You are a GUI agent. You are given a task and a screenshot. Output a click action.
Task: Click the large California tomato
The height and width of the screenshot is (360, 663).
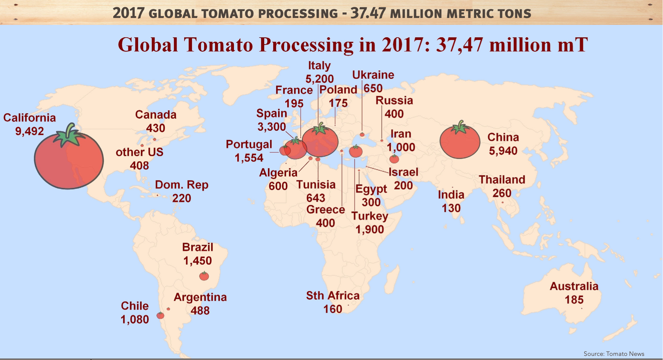point(69,161)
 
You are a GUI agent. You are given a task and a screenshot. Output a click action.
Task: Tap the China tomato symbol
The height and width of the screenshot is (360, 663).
point(460,142)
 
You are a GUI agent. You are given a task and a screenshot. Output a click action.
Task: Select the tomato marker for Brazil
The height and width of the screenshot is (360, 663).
point(204,276)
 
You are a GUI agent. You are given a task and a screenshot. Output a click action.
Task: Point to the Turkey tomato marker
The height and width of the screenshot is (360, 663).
point(356,151)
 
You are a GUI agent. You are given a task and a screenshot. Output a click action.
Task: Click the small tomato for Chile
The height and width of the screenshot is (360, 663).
point(160,315)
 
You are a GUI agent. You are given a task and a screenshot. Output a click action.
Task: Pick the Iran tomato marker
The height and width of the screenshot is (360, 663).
point(394,159)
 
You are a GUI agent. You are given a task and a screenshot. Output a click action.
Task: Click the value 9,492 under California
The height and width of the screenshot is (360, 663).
point(30,131)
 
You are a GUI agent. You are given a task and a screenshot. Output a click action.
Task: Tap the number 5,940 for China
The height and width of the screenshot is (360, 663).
point(503,151)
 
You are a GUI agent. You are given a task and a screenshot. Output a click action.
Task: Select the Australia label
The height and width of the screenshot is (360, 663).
point(574,286)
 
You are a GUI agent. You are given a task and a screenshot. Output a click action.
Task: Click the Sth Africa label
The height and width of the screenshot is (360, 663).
point(333,296)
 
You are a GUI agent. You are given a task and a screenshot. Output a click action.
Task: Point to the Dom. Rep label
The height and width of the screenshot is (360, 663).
point(182,185)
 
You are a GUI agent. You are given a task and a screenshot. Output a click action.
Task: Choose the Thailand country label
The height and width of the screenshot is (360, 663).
point(502,180)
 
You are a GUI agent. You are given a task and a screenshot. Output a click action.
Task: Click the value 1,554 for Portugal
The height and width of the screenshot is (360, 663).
point(249,158)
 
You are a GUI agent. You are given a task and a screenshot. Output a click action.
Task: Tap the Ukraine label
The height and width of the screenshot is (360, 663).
point(373,75)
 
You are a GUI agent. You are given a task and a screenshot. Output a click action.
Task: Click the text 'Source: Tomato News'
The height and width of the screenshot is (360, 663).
point(614,354)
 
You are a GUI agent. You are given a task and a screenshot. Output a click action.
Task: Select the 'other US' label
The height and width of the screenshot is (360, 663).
point(140,152)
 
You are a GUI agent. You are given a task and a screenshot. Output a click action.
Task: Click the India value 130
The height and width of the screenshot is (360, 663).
point(451,208)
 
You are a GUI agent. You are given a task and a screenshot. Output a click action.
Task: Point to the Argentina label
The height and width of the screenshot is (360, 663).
point(200,297)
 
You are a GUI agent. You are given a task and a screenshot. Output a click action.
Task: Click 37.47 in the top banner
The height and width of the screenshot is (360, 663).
point(368,13)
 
